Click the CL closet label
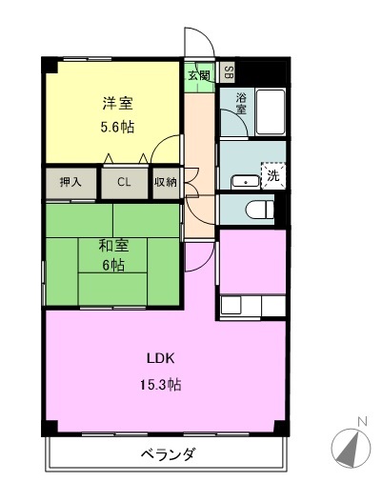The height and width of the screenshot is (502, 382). tap(125, 182)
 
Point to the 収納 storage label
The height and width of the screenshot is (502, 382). tap(165, 182)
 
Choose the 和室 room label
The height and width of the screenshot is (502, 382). tap(113, 245)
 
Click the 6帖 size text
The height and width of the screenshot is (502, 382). tap(113, 265)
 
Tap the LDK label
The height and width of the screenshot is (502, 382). tap(160, 359)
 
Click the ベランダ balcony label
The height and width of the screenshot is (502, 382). tap(168, 454)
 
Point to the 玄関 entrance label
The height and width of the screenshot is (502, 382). tap(197, 75)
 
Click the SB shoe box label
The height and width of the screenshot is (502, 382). tap(227, 70)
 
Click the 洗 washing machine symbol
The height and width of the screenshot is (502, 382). tap(272, 175)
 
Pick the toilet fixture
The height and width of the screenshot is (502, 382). tap(256, 208)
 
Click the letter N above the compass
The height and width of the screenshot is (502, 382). tap(362, 420)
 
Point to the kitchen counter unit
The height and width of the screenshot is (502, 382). tap(252, 306)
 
